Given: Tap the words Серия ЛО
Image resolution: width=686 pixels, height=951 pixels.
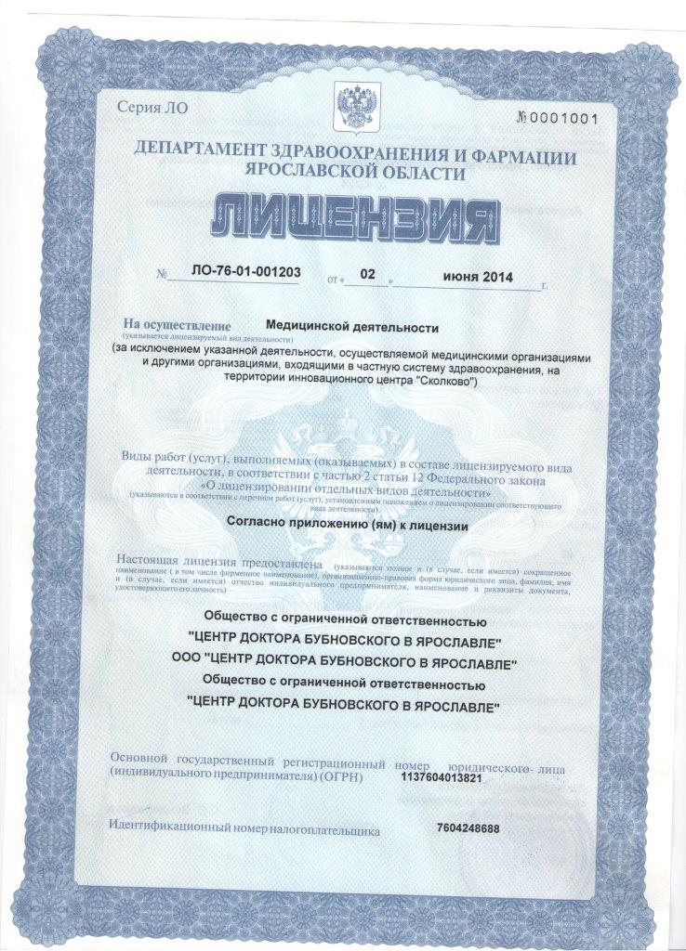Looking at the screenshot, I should [152, 107].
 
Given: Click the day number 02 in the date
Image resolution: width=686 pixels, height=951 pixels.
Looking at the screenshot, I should [367, 275].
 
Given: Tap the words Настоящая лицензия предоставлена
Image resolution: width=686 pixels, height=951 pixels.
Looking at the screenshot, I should [218, 563].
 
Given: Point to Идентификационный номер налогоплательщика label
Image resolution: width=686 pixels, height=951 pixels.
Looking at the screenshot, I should [244, 828].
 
